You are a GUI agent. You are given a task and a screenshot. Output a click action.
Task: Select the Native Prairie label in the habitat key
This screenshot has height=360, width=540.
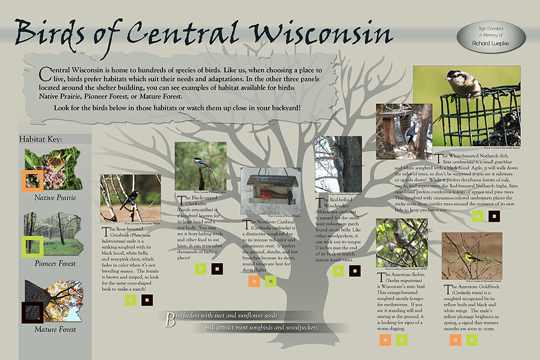click(55, 197)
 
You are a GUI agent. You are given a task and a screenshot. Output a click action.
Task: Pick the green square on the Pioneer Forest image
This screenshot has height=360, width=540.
click(32, 246)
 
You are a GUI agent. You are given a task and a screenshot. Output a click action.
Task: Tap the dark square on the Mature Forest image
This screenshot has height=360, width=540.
click(31, 312)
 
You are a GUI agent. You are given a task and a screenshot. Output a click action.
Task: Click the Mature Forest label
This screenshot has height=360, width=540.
click(55, 329)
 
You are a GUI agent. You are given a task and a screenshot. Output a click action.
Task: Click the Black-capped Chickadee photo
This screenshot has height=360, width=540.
click(200, 166)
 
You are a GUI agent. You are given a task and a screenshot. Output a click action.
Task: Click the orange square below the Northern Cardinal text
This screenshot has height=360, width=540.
click(254, 281)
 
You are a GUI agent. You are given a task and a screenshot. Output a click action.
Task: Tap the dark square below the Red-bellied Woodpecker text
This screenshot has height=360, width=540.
click(354, 271)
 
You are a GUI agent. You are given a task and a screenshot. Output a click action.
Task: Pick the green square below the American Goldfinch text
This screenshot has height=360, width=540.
click(471, 339)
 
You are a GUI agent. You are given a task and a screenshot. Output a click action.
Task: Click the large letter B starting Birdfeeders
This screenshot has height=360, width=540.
click(169, 320)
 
